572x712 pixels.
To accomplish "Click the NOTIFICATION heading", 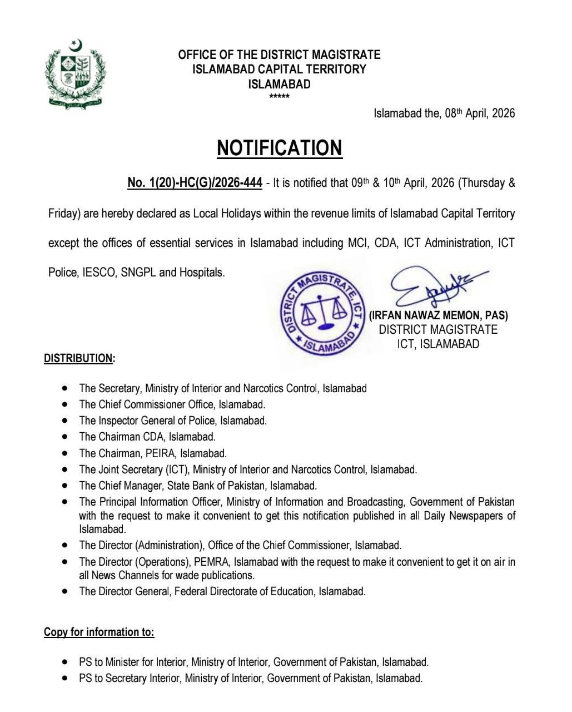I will tap(279, 148).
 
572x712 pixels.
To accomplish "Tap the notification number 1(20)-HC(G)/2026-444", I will tap(195, 183).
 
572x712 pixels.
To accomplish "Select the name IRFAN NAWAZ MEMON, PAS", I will tap(439, 315).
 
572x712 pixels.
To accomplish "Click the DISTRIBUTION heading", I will tap(79, 358).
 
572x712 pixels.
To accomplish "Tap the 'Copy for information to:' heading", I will tap(99, 632).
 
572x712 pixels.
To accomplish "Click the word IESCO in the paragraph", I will tap(98, 273).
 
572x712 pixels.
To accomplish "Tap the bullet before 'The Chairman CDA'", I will tap(66, 437).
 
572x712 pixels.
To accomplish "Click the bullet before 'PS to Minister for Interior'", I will tap(66, 662).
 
